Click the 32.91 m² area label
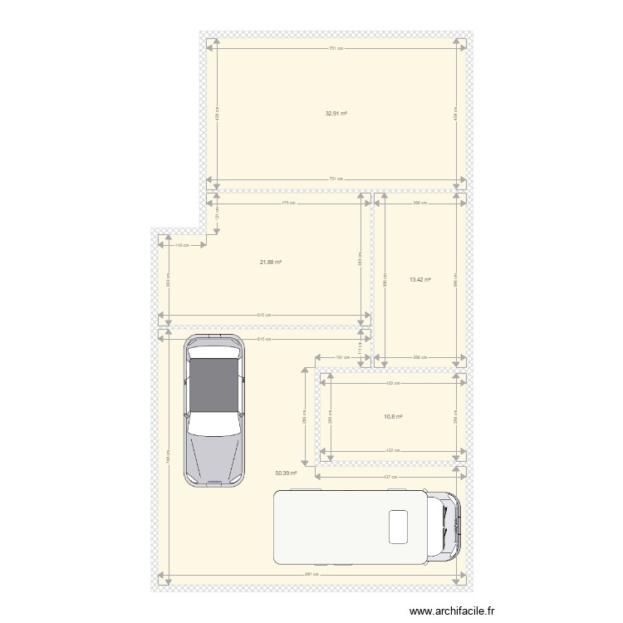point(336,114)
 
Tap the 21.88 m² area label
point(270,262)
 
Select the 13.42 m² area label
point(420,280)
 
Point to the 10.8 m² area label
point(392,417)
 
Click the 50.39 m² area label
point(286,473)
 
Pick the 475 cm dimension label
point(287,202)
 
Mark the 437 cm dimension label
point(390,478)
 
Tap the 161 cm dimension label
point(339,358)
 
